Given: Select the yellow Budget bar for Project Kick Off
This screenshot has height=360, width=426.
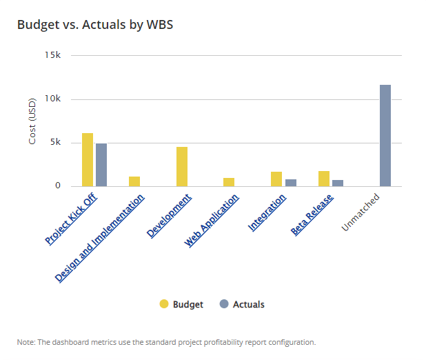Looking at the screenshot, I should tap(88, 159).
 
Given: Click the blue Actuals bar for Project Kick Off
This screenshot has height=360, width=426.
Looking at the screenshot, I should tap(101, 165).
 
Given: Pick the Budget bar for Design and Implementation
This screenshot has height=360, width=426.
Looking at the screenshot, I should tap(134, 181).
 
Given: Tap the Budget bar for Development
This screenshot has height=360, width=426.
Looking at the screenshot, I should tap(182, 166).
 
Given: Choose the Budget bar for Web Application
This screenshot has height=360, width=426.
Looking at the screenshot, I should tap(229, 182).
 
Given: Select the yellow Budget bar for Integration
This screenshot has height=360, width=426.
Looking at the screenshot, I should tap(276, 179).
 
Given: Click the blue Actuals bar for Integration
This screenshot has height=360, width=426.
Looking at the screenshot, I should tap(291, 183).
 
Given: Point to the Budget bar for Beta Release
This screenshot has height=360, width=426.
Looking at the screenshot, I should tap(324, 179).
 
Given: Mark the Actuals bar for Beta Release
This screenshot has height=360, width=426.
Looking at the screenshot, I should tap(338, 183).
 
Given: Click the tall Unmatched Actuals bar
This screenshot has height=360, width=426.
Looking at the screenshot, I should tap(385, 135).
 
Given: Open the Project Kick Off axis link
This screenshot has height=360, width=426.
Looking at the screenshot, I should tap(72, 218).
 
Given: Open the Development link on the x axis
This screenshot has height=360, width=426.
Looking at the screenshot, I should tap(170, 215).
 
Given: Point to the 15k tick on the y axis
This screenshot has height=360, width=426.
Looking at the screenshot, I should tap(52, 55).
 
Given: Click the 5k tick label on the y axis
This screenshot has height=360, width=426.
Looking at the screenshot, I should tap(54, 143).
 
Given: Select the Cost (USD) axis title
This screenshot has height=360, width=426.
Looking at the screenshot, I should tap(32, 122).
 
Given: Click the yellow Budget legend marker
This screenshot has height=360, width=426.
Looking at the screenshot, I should tap(164, 304).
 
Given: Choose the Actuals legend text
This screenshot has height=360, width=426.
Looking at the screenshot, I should tap(249, 304).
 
